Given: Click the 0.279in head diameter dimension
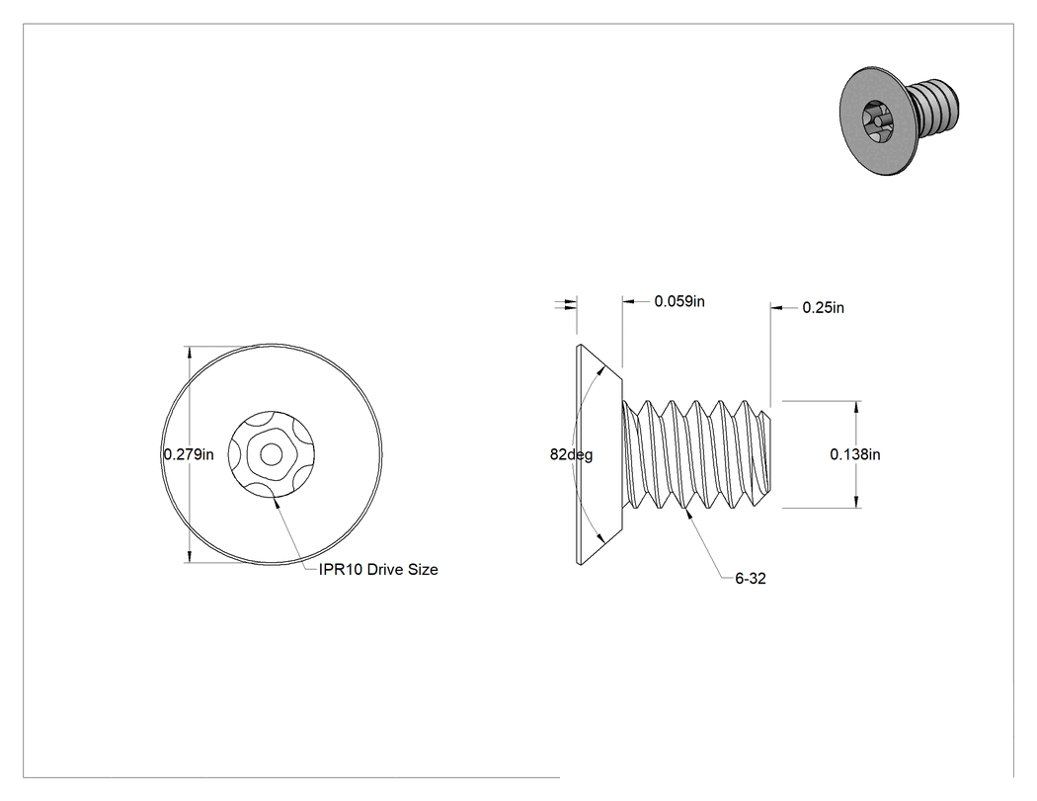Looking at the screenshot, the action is pyautogui.click(x=189, y=454).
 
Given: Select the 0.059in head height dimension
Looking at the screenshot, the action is pyautogui.click(x=679, y=301).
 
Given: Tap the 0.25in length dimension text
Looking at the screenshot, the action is pyautogui.click(x=823, y=307).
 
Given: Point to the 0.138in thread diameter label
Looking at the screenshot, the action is pyautogui.click(x=855, y=454).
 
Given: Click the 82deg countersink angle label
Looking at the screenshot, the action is pyautogui.click(x=572, y=455).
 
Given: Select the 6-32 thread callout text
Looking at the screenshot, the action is pyautogui.click(x=751, y=578).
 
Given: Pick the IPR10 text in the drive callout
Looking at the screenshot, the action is pyautogui.click(x=341, y=570).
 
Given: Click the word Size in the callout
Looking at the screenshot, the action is pyautogui.click(x=423, y=570).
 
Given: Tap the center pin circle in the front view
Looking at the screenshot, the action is pyautogui.click(x=270, y=454).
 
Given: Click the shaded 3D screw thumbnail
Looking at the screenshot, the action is pyautogui.click(x=899, y=120).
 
